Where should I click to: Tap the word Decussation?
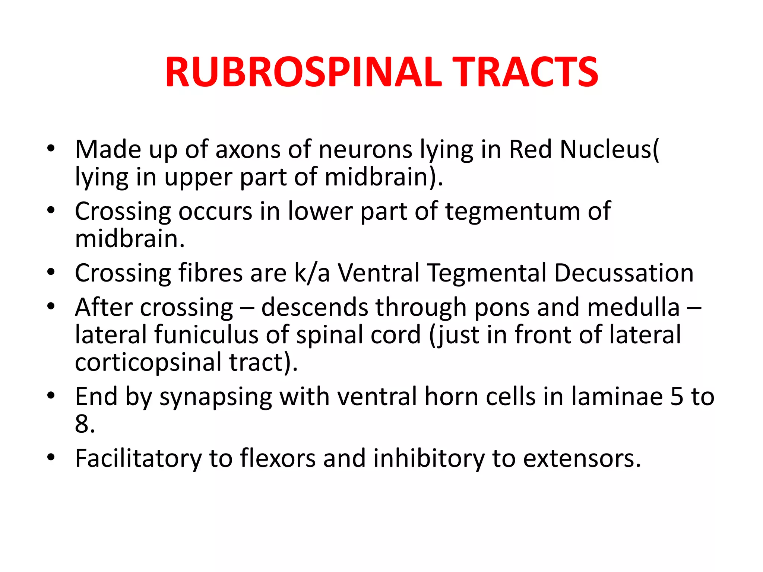(x=624, y=273)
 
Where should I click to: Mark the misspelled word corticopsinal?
(x=148, y=362)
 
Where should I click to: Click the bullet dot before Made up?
(x=51, y=149)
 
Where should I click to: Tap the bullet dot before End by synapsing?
(x=51, y=396)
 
